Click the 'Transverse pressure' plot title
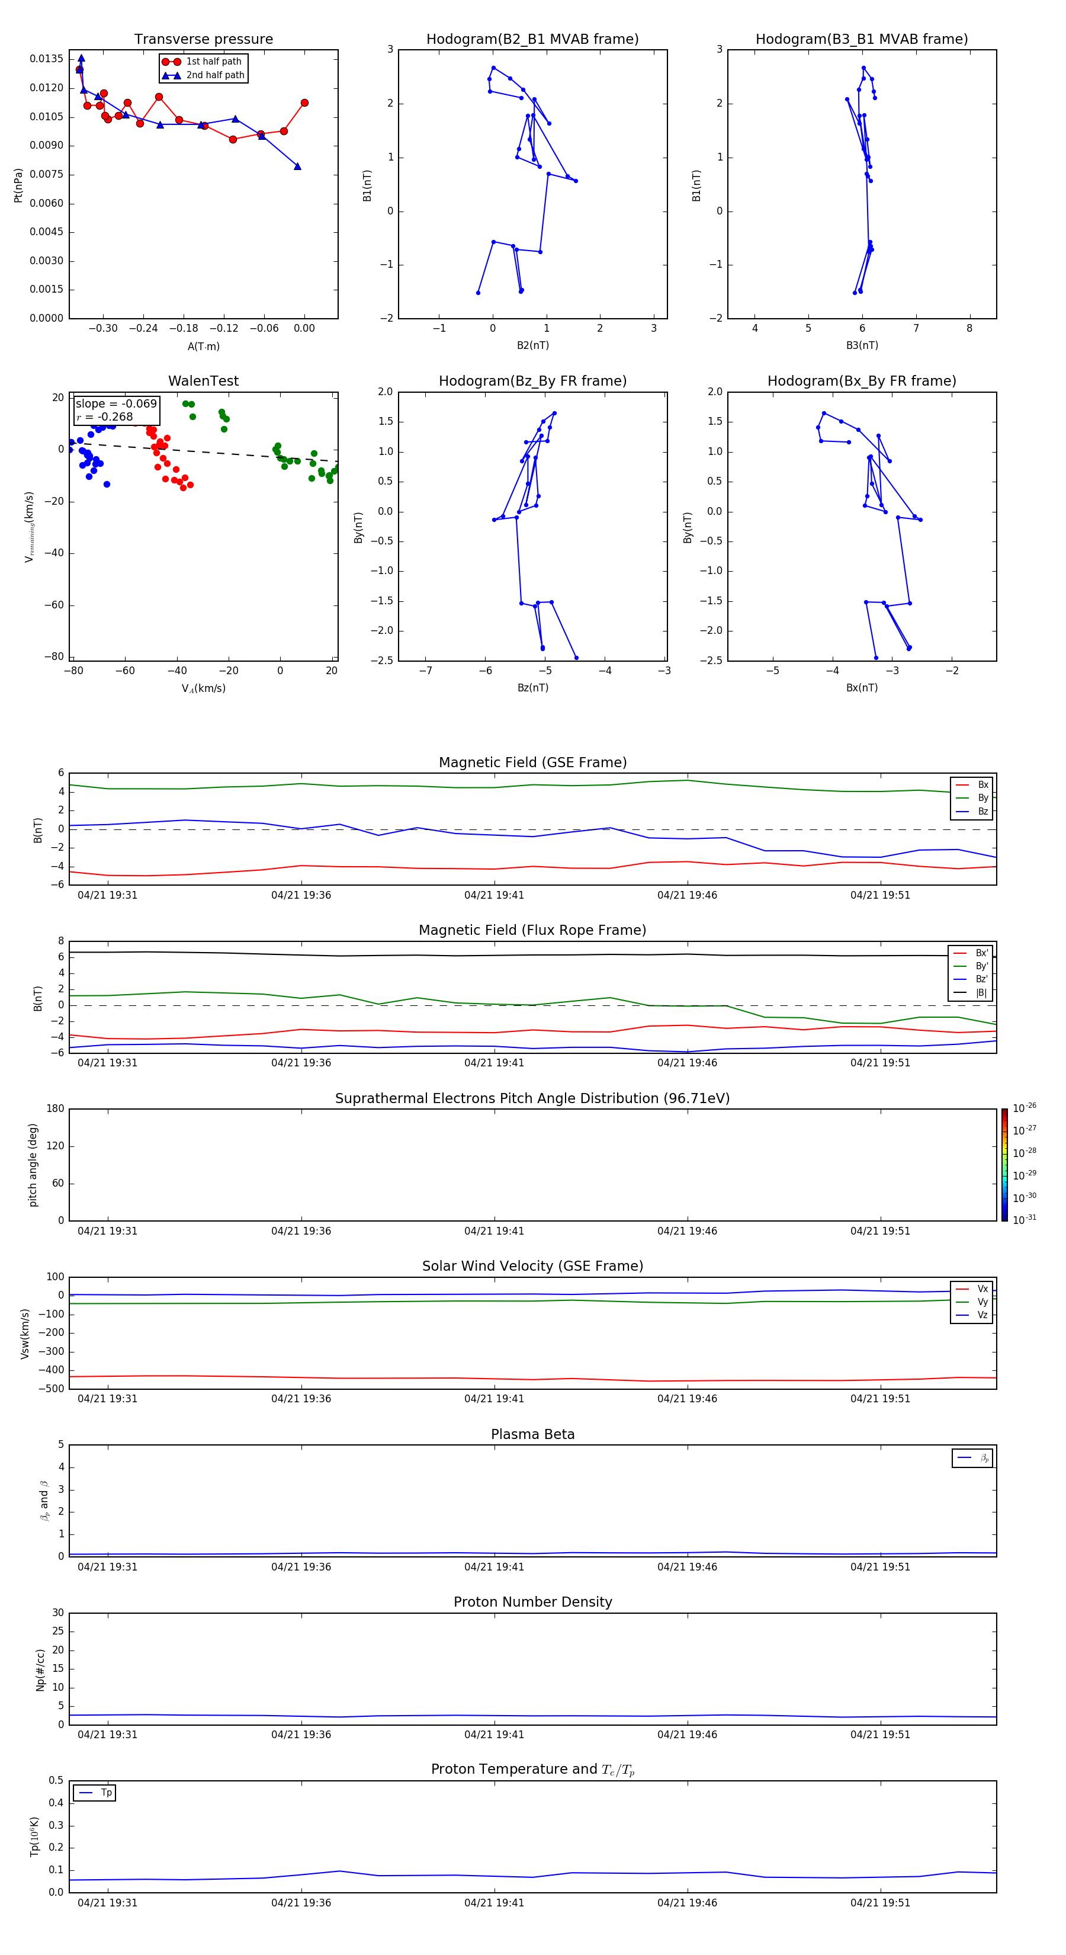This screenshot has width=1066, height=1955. tap(203, 40)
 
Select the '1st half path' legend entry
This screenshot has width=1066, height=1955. tap(213, 62)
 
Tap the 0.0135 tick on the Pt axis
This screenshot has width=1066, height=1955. tap(46, 59)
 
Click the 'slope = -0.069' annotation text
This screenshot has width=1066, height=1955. tap(116, 404)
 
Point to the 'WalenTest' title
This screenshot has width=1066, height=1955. tap(203, 381)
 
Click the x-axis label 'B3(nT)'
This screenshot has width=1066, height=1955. tap(862, 345)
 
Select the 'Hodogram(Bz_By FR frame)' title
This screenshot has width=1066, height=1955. tap(532, 381)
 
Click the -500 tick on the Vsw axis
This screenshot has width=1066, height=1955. tap(53, 1389)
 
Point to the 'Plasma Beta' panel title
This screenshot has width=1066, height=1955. tap(532, 1434)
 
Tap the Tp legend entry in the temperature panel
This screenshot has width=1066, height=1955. tap(106, 1793)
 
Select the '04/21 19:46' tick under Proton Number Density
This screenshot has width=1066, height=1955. tap(686, 1734)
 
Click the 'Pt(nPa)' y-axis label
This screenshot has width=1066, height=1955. tap(18, 185)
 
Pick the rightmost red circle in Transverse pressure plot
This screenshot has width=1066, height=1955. tap(304, 103)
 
